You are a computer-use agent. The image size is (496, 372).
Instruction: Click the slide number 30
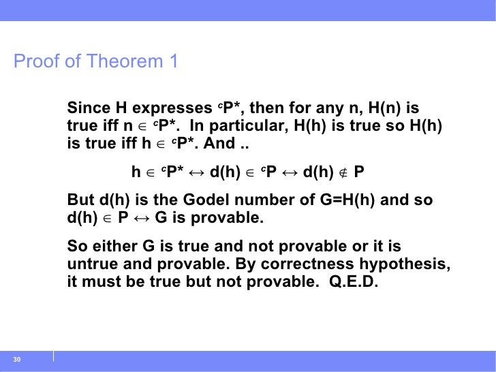[17, 359]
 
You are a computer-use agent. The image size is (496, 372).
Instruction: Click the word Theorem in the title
[125, 61]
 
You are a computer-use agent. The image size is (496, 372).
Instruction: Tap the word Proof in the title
[37, 61]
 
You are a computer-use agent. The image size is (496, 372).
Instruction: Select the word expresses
[172, 108]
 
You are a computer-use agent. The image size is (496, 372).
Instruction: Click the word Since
[89, 108]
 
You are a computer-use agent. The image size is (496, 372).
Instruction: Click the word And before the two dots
[219, 143]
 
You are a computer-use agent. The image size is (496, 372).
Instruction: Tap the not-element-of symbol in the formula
[343, 173]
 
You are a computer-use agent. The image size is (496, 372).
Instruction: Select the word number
[270, 200]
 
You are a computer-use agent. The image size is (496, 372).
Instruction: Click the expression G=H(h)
[347, 200]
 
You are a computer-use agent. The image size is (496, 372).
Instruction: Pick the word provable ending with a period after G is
[227, 218]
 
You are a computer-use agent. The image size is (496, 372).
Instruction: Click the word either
[115, 246]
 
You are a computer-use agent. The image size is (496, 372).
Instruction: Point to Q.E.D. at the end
[354, 282]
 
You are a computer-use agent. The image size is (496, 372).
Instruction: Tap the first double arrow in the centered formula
[196, 173]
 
